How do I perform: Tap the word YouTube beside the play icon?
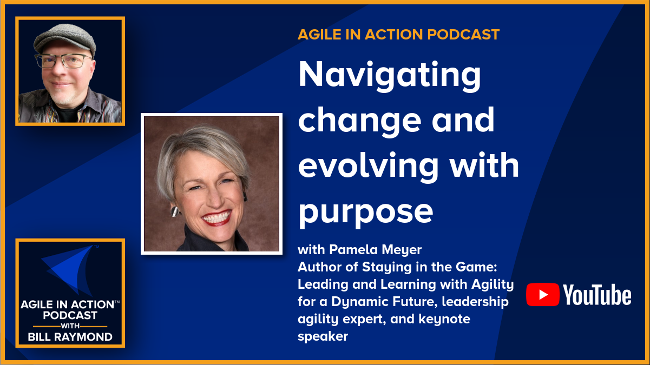pyautogui.click(x=597, y=295)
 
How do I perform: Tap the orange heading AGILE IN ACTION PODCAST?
pyautogui.click(x=398, y=35)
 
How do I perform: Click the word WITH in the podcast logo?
pyautogui.click(x=70, y=326)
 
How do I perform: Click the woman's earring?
pyautogui.click(x=175, y=211)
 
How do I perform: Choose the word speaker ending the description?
pyautogui.click(x=323, y=336)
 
